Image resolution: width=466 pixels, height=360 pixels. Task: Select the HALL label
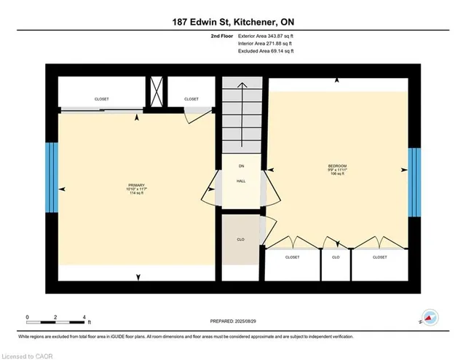(x=240, y=181)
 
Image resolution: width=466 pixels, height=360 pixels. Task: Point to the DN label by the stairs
(x=240, y=166)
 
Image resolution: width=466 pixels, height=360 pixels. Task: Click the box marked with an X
(x=156, y=93)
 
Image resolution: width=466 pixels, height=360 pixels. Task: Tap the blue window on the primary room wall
(x=51, y=179)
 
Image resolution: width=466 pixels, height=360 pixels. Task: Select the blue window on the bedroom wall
(x=414, y=182)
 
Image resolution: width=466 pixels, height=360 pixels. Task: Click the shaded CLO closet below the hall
(x=240, y=239)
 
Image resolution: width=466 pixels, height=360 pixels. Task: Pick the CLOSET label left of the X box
(x=102, y=98)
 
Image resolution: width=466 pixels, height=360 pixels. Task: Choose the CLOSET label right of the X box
(x=191, y=98)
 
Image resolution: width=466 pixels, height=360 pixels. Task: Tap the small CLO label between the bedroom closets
(x=336, y=257)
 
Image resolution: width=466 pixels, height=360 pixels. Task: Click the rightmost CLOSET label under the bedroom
(x=379, y=257)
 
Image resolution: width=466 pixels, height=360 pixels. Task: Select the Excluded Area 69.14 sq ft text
(x=266, y=52)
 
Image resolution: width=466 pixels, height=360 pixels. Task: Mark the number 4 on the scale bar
(x=85, y=318)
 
